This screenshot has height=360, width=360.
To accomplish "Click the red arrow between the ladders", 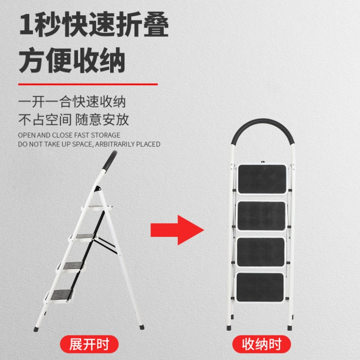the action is pos(177,230).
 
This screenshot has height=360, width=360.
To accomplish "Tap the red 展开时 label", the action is pos(89,344).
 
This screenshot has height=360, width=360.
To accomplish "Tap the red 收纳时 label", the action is pos(262,344).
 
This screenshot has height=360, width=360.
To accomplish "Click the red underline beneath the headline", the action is pos(88,84).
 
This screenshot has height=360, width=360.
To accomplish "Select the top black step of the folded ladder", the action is pos(262,179).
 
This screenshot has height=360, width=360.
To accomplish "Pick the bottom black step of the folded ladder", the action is pos(260,287).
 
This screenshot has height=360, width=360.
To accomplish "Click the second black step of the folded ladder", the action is pos(262,216).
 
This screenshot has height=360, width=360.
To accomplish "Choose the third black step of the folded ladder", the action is pos(261,252).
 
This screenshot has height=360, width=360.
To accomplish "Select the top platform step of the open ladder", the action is pos(97,208).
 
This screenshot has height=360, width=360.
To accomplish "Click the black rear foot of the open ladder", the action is pos(142,327).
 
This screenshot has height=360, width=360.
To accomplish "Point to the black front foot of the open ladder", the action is pos(36,329).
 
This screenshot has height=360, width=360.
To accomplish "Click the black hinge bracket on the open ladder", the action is pos(98,189).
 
